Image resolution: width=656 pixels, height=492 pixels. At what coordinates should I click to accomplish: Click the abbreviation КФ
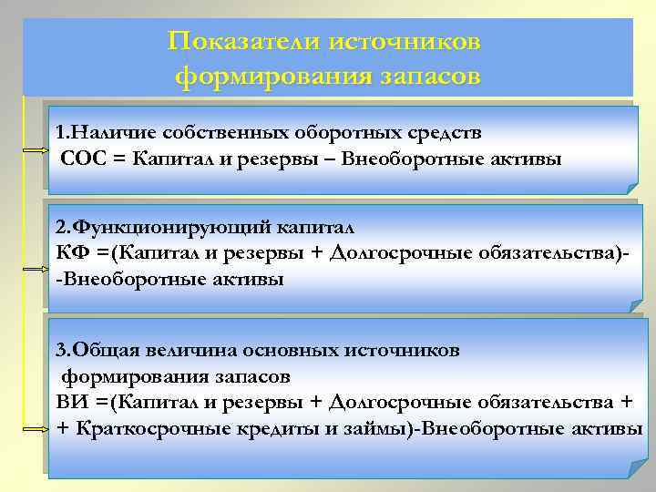tap(70, 251)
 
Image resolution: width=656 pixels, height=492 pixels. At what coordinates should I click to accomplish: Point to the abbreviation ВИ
tap(70, 402)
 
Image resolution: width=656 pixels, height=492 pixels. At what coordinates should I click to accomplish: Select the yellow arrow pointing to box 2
tap(34, 270)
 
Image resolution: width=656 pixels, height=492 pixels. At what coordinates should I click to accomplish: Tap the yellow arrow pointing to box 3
tap(34, 426)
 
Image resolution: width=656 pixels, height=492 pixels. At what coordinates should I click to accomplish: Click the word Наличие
tap(103, 132)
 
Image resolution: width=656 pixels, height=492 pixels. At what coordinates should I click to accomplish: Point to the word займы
tap(377, 429)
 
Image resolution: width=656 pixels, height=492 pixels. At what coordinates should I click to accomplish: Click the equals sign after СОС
tap(119, 160)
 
